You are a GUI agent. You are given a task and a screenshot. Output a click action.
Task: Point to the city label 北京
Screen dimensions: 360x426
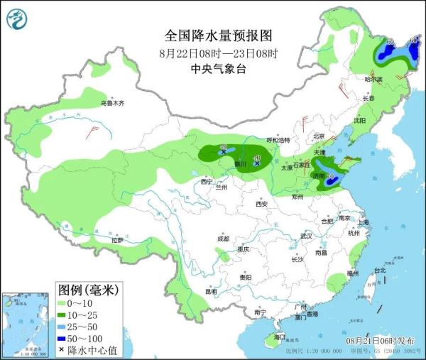(319, 136)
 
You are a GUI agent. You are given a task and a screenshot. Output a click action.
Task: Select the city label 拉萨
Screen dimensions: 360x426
(116, 241)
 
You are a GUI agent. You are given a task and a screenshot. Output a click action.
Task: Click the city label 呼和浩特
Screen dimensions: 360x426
(278, 140)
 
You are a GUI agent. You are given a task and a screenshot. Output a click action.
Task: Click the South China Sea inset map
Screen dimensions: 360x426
(26, 323)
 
